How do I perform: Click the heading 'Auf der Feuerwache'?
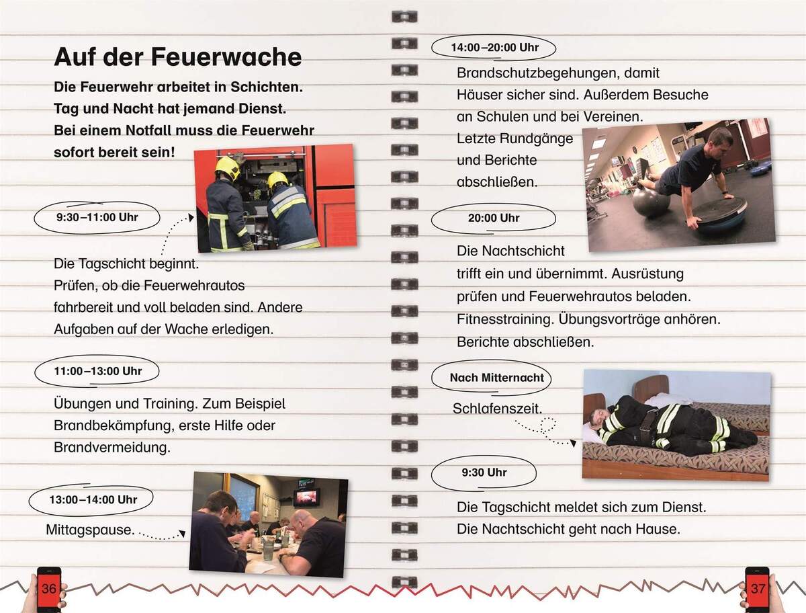point(177,57)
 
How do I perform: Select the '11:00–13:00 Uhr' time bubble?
point(97,371)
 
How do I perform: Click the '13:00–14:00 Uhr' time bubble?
point(93,500)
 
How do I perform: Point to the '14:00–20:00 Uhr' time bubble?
point(494,48)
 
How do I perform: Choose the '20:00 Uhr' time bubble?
point(494,218)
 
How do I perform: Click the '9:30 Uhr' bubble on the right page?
point(484,473)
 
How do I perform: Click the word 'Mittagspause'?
point(88,530)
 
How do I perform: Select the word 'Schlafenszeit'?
point(497,409)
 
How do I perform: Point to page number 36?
point(48,589)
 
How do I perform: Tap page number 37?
point(758,589)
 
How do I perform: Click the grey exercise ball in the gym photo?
point(651,202)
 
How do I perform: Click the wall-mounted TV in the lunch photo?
point(306,497)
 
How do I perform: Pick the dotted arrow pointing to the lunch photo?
point(161,536)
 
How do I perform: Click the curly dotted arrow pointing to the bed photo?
point(545,430)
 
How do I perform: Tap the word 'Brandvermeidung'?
point(111,447)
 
